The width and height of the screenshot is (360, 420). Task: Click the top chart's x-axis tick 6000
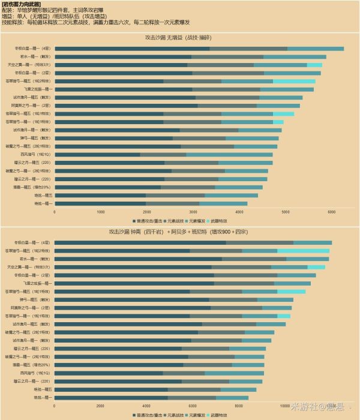coord(331,211)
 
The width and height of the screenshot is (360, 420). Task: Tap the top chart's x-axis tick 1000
coord(101,211)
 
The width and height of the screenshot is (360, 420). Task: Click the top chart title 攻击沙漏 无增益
coord(179,38)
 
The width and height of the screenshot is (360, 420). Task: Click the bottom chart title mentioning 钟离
coord(179,231)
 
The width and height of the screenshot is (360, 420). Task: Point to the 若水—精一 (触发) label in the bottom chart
coord(35,259)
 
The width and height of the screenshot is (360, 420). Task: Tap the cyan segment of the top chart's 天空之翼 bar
coord(314,64)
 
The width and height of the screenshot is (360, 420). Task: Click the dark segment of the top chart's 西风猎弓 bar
coord(97,154)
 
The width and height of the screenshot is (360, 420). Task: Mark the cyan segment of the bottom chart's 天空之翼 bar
coord(316,267)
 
